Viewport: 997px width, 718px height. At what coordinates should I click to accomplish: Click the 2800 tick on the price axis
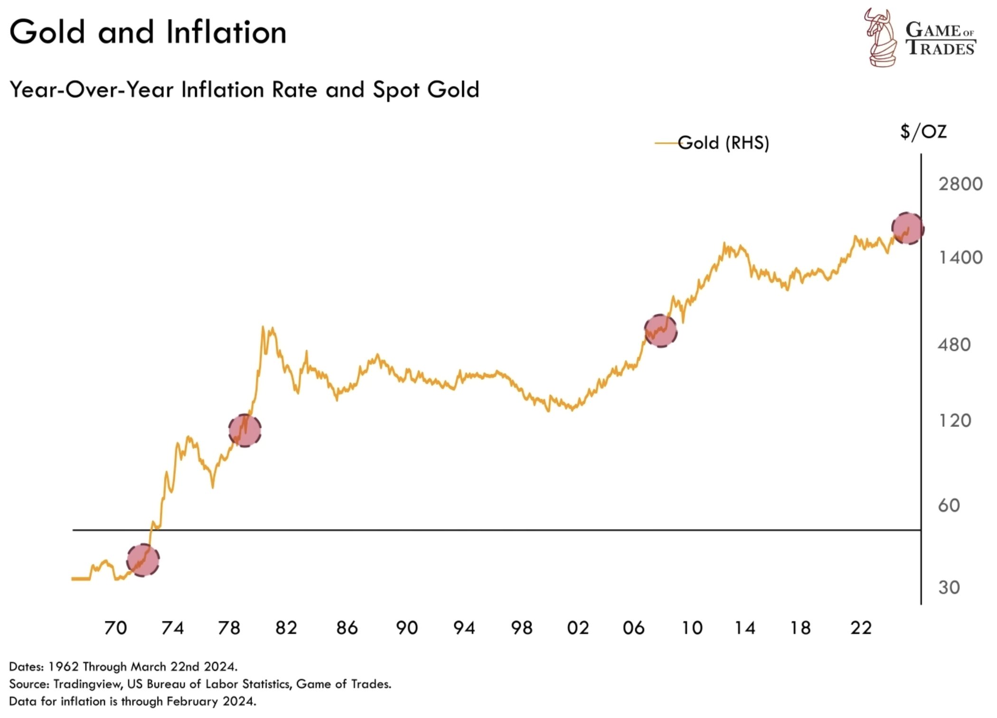(x=959, y=184)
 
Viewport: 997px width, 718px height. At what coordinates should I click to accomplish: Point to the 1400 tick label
(x=959, y=257)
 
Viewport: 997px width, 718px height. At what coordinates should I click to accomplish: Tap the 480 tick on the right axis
(x=954, y=345)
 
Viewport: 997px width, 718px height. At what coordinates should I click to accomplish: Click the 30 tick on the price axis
(x=949, y=587)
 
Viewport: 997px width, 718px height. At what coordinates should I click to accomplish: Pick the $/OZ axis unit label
(x=923, y=132)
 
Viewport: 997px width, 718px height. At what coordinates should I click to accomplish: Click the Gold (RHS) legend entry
(x=723, y=142)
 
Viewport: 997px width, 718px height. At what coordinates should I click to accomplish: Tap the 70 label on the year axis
(x=115, y=628)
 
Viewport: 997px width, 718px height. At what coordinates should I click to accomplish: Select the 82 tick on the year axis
(x=286, y=628)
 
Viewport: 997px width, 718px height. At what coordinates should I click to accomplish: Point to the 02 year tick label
(x=578, y=628)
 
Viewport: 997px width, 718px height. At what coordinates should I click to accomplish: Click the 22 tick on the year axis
(x=861, y=628)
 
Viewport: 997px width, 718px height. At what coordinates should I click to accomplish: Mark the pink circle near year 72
(x=143, y=560)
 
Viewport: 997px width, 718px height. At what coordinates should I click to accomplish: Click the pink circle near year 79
(x=245, y=430)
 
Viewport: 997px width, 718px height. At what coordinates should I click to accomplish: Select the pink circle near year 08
(x=660, y=331)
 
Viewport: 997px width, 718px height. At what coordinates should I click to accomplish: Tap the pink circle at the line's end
(x=907, y=228)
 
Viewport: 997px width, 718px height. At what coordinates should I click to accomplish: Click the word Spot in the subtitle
(x=395, y=90)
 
